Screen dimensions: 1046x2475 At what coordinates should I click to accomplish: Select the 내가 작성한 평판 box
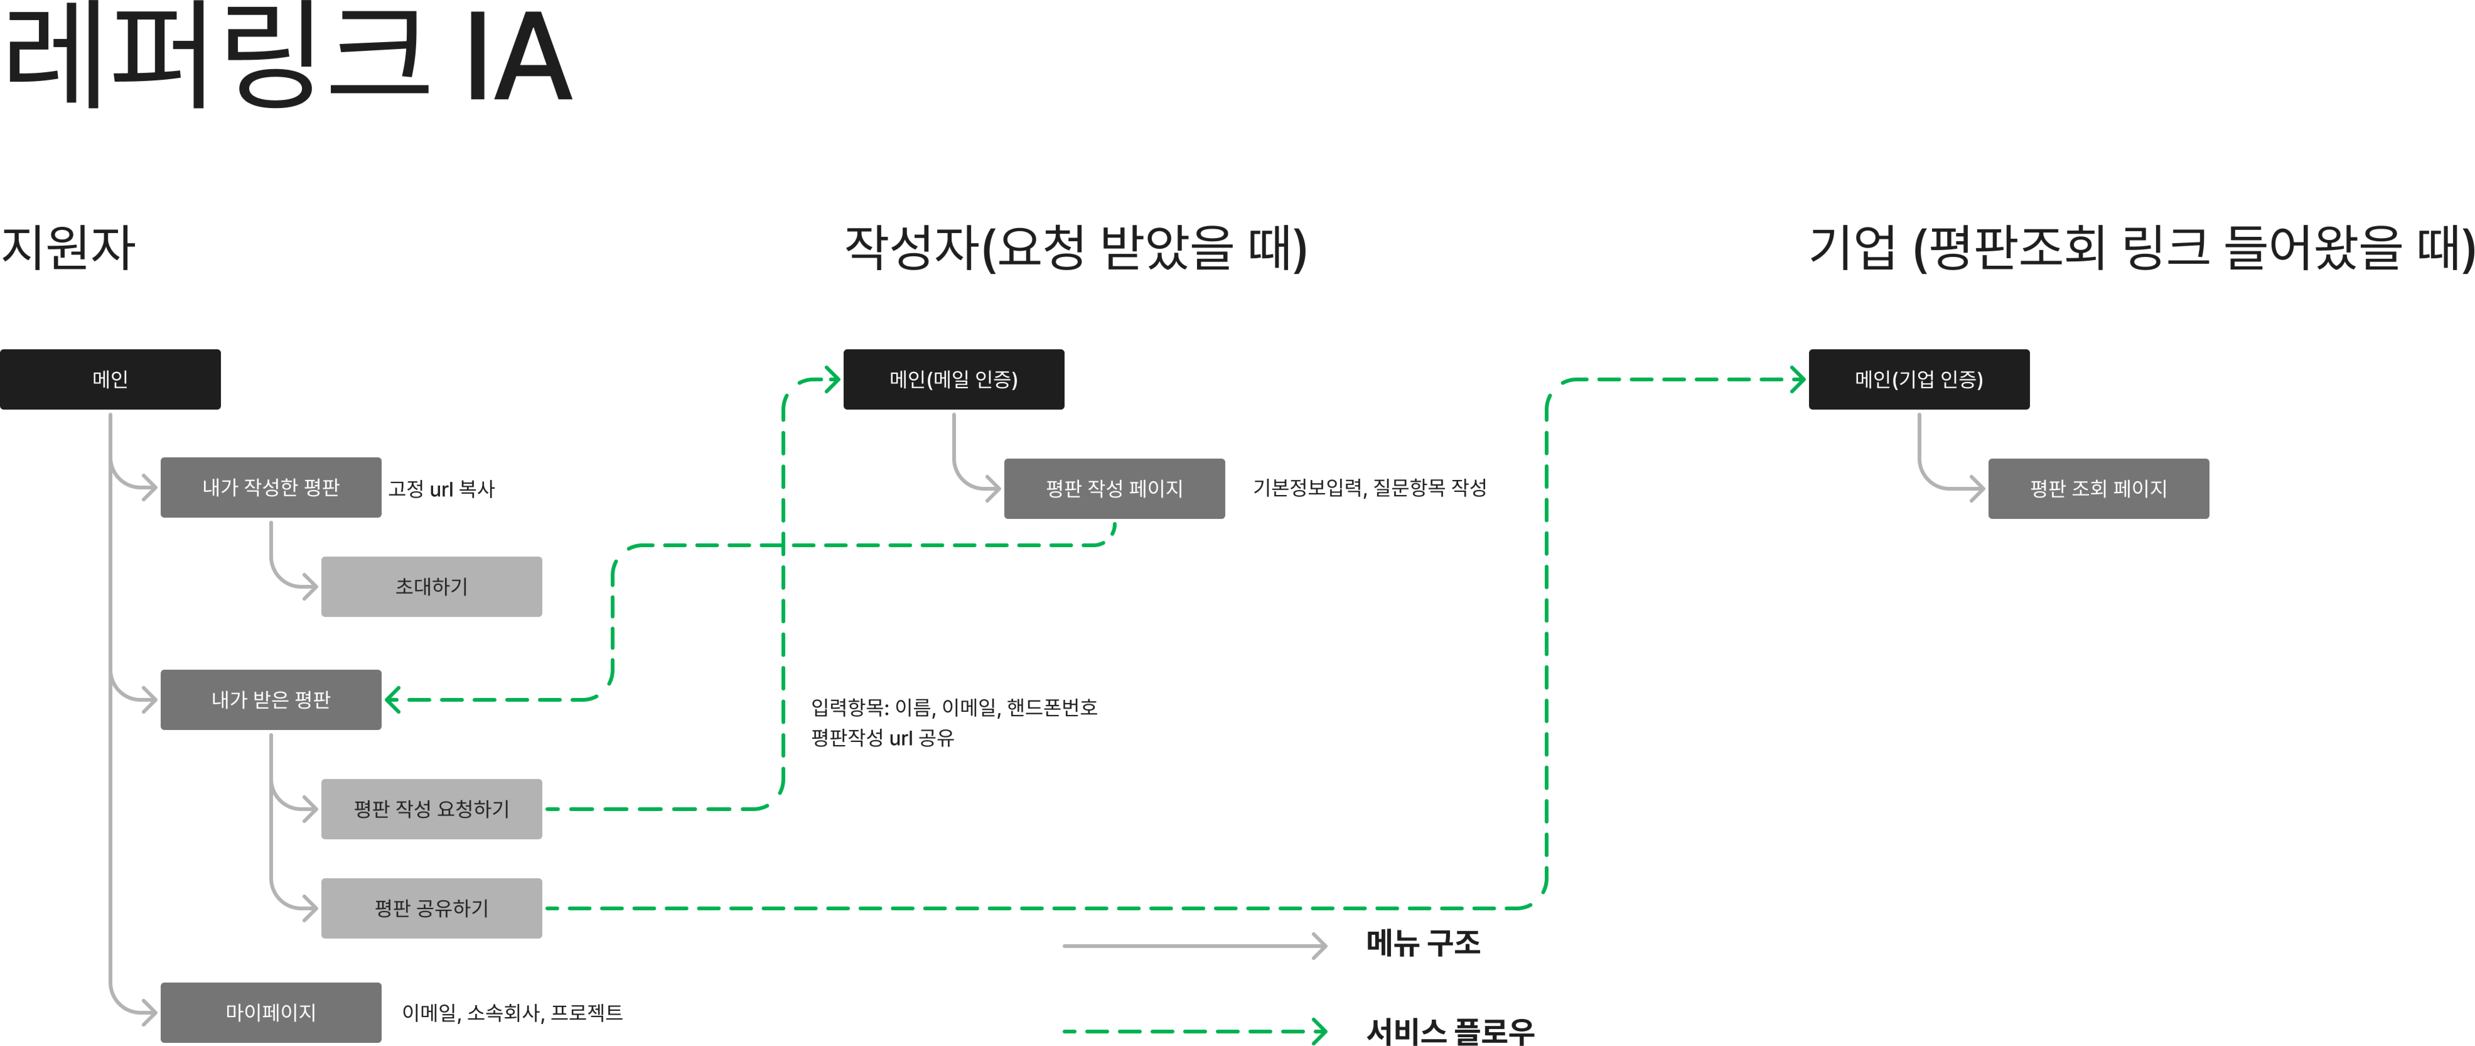click(x=271, y=488)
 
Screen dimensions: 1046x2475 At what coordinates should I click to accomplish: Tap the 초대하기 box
click(x=432, y=586)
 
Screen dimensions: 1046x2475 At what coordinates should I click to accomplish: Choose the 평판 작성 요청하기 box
click(x=432, y=809)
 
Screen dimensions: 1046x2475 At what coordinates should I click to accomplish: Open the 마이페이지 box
click(x=271, y=1012)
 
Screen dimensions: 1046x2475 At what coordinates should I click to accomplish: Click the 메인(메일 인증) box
click(x=953, y=379)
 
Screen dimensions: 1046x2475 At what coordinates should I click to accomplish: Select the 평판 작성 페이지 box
click(x=1114, y=488)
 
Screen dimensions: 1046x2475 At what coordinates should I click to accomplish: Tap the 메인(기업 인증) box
click(x=1919, y=379)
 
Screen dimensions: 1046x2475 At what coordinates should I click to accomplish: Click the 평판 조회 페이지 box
click(x=2098, y=488)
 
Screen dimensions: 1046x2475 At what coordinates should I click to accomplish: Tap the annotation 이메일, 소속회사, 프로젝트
click(x=512, y=1012)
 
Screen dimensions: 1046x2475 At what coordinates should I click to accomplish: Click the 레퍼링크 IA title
click(x=288, y=58)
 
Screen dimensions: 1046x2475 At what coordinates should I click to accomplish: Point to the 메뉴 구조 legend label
click(x=1423, y=943)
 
